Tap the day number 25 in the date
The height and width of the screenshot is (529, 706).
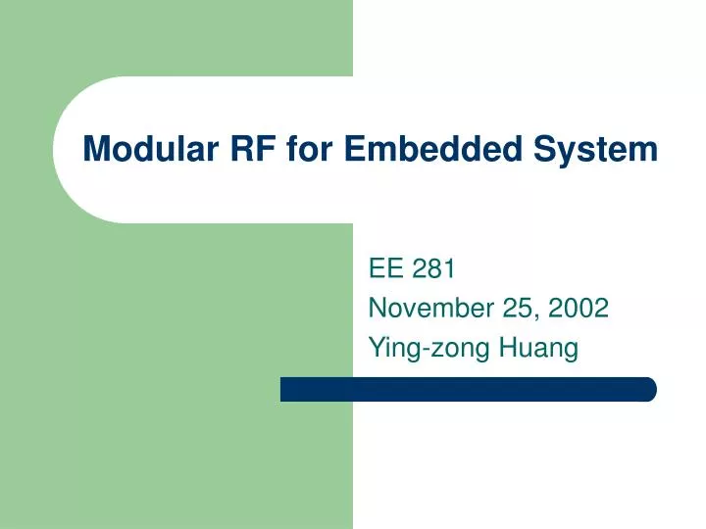coord(511,309)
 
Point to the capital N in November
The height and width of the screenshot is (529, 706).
coord(377,309)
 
